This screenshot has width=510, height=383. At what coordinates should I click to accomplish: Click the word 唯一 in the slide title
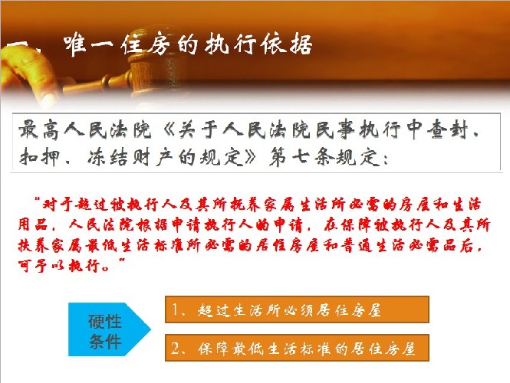coord(88,45)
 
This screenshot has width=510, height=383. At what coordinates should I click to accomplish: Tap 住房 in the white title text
coord(146,44)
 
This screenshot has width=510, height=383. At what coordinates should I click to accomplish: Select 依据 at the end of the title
coord(287,44)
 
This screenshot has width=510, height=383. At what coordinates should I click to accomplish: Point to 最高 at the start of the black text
coord(38,129)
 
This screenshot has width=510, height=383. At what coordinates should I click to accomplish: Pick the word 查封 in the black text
coord(447,129)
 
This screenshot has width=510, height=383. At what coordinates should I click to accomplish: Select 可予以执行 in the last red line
coord(58,266)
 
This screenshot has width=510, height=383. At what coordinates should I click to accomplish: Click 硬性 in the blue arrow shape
coord(105,322)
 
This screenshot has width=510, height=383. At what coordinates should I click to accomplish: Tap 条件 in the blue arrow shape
coord(105,342)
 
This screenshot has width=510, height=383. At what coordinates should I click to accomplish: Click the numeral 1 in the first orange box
coord(175,309)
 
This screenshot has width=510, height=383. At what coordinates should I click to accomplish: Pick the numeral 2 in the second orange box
coord(176,349)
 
